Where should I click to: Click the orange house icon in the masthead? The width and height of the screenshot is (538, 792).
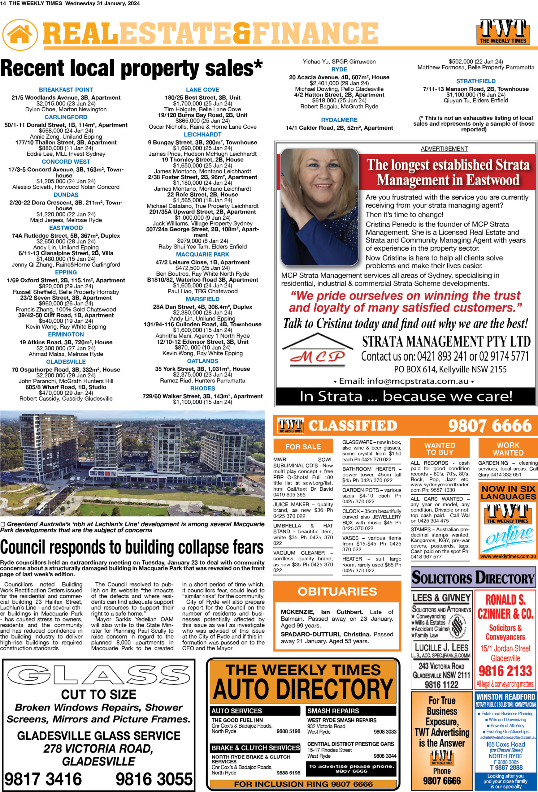pos(20,34)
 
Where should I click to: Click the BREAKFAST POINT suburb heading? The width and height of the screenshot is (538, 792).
pos(66,90)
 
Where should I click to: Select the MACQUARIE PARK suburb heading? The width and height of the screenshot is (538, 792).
pos(202,254)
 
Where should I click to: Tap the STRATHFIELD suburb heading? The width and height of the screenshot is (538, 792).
pos(475,81)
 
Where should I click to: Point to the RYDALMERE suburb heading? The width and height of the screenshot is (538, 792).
pos(339,120)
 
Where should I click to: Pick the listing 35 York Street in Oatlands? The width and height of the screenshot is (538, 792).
pos(202,369)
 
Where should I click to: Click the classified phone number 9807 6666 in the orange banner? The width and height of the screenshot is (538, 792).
pos(490,426)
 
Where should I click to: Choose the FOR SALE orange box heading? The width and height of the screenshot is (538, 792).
pos(303,446)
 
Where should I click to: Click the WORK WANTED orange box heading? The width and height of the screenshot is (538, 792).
pos(508,449)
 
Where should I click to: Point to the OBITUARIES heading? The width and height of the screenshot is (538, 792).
pos(337,591)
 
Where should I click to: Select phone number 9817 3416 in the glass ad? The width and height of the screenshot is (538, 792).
pos(43,779)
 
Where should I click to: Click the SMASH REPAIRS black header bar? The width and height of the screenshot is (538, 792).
pos(351,711)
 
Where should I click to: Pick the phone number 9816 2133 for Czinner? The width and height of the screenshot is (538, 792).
pos(505,671)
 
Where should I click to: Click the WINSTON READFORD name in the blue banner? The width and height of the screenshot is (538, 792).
pos(505,697)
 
